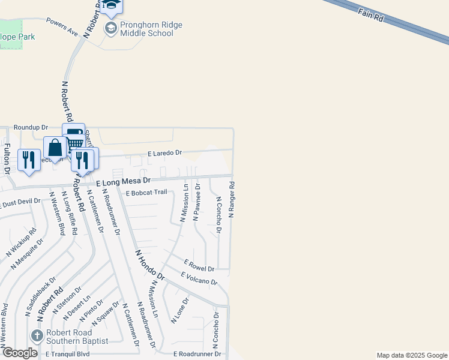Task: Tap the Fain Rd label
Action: pos(372,15)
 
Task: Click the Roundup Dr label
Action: pos(31,128)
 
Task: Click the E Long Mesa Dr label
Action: pos(122,181)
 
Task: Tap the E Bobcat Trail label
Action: pos(146,193)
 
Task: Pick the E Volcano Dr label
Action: pos(199,278)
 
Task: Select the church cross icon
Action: pos(37,336)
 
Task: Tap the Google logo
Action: pos(19,353)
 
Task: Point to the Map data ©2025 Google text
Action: pos(412,355)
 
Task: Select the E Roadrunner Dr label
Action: pos(197,355)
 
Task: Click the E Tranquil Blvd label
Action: pos(68,355)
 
